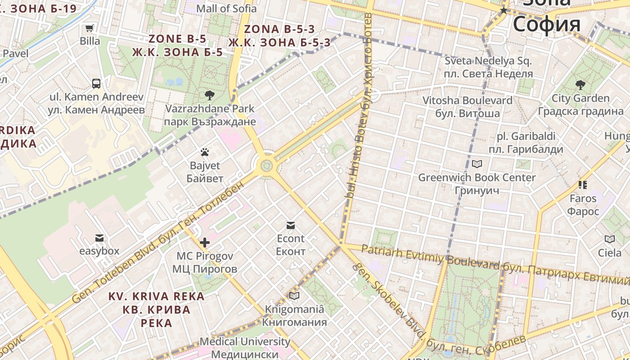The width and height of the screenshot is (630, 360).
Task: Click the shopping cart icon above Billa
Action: pos(90,28)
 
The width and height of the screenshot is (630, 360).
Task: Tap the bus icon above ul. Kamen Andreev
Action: pos(96,83)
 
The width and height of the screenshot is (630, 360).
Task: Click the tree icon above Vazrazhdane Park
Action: pos(209,95)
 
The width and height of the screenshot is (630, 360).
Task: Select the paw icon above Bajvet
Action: pos(205,152)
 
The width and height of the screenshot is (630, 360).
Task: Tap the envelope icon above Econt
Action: pos(291,225)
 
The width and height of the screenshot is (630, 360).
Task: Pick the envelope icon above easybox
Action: pos(99,238)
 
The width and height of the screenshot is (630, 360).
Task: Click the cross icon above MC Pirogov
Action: pos(205,243)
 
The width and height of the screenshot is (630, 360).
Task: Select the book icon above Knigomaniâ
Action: pos(294,296)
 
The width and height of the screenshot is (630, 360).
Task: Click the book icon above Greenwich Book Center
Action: pos(477,164)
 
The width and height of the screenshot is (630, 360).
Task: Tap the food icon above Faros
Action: pos(583,184)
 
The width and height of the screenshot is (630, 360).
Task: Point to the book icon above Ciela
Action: pos(610,239)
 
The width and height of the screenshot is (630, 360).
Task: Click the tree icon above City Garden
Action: pos(580,84)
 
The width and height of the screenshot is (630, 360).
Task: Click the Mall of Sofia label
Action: pos(227,8)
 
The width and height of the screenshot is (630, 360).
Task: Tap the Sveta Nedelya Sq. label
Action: pos(488,60)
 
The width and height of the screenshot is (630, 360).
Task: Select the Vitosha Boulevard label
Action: pos(468,100)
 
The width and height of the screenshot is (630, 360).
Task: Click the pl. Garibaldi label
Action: pos(526,136)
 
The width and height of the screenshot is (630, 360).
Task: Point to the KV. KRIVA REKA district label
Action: pos(156,297)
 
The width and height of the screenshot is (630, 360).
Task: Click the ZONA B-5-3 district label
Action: pos(279,29)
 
